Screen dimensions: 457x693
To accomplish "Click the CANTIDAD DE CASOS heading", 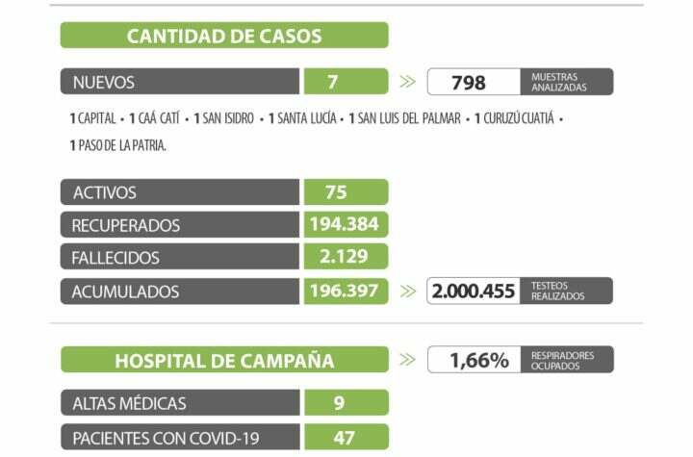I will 224,37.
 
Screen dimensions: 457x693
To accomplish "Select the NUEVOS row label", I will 104,82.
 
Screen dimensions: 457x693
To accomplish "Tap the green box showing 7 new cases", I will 332,82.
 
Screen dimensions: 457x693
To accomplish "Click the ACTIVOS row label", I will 104,192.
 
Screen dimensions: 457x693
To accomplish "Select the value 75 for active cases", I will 336,192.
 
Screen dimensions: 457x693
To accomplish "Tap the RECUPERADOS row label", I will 126,225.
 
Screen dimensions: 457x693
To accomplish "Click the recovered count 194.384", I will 345,224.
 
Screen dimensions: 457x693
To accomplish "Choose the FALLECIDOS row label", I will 115,258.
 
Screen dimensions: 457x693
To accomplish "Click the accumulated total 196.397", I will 345,291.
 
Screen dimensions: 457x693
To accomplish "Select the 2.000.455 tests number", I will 475,292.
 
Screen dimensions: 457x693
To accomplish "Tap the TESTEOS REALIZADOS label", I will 557,291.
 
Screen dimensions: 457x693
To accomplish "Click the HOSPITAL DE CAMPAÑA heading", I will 224,361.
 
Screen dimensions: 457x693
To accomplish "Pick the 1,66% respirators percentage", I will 479,361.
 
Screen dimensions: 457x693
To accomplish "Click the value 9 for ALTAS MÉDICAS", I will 339,403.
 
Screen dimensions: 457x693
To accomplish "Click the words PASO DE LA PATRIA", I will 118,145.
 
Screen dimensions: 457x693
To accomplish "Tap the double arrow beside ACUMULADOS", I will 408,291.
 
